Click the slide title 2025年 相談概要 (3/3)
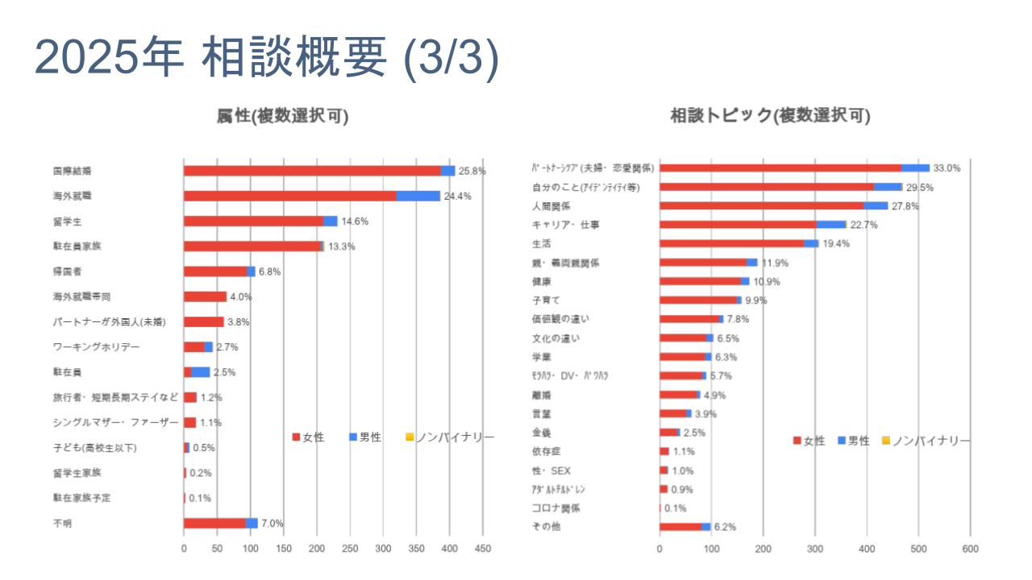click(x=267, y=59)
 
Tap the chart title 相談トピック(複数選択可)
click(x=770, y=116)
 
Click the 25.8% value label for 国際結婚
click(x=472, y=171)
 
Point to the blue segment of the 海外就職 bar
click(x=418, y=196)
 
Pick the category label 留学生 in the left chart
click(x=65, y=222)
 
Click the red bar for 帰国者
click(x=214, y=271)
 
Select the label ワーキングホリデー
click(x=96, y=347)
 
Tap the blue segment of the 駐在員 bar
click(x=200, y=372)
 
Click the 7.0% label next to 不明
click(x=273, y=524)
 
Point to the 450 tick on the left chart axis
click(x=482, y=549)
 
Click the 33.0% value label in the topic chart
click(x=947, y=168)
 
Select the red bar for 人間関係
click(x=761, y=205)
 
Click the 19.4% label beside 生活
click(x=835, y=243)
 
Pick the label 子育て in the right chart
click(x=546, y=300)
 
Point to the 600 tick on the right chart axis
click(x=970, y=549)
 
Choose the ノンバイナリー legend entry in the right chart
click(x=926, y=441)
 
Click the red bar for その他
click(x=680, y=527)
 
